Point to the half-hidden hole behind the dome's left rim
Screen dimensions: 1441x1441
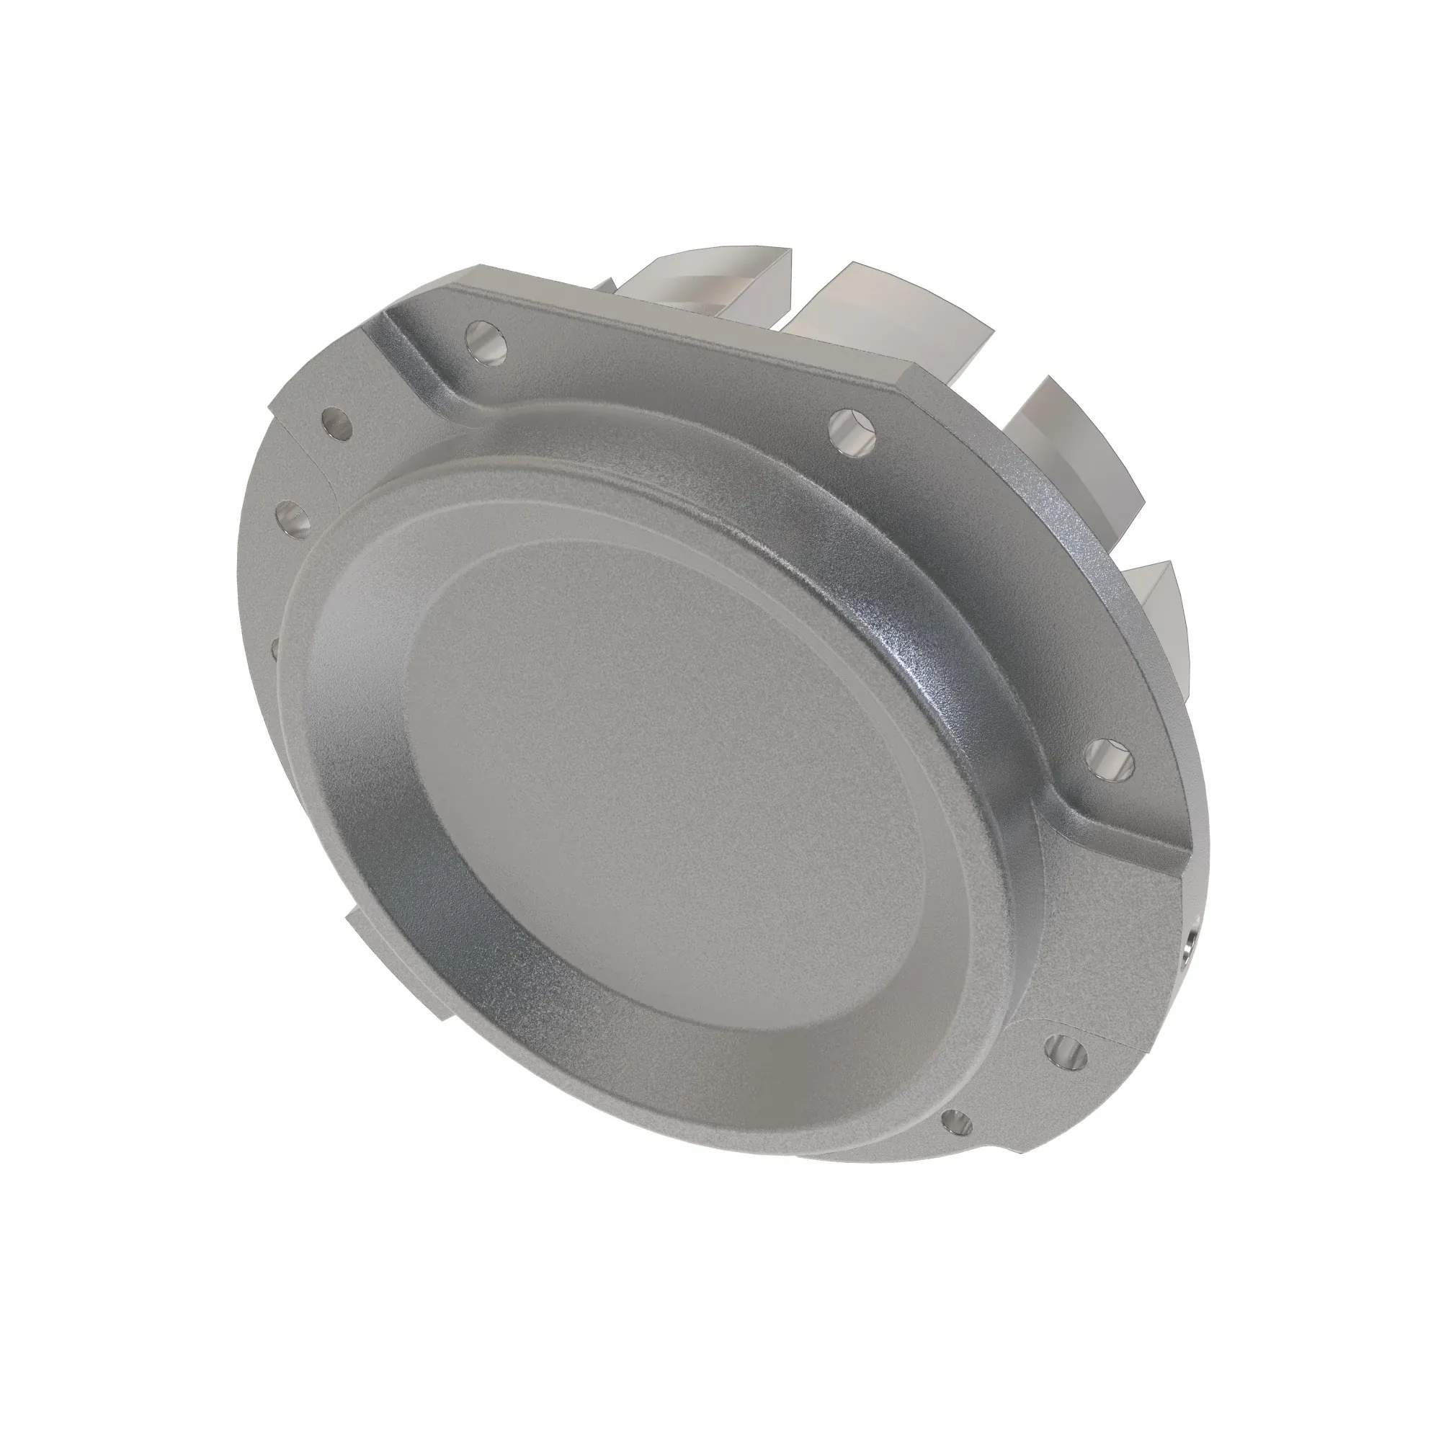pyautogui.click(x=275, y=648)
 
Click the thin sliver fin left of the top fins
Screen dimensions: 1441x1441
pyautogui.click(x=606, y=285)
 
